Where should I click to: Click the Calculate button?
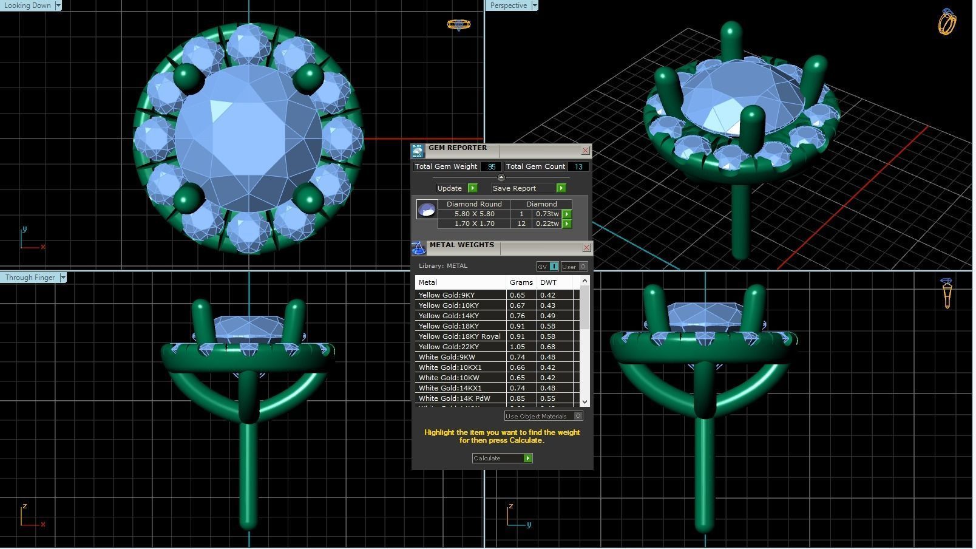[502, 459]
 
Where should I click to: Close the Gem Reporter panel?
[585, 151]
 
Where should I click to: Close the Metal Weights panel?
[586, 248]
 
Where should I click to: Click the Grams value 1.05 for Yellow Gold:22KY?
[518, 347]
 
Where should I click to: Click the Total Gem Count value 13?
[578, 166]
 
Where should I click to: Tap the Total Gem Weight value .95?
[491, 166]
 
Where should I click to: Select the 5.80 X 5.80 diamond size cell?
[474, 214]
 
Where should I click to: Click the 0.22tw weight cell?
[547, 223]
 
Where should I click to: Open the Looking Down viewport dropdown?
[58, 5]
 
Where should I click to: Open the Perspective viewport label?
[509, 5]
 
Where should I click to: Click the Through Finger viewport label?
[30, 278]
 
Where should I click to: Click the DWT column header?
[548, 282]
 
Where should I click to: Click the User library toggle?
[574, 267]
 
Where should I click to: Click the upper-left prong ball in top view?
[188, 77]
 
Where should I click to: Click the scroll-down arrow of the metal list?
[585, 401]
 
